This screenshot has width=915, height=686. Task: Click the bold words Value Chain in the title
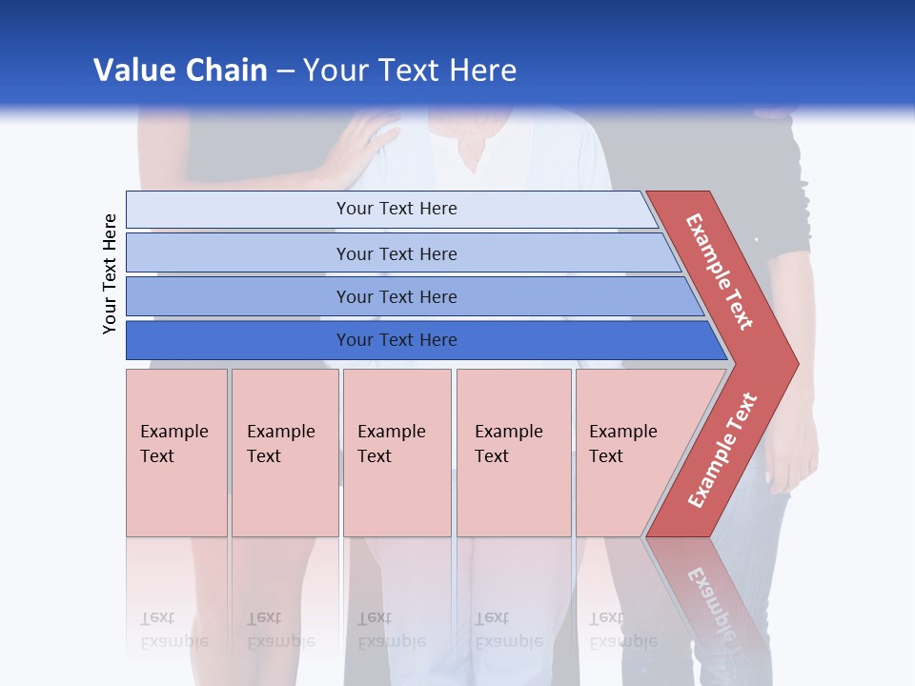(180, 71)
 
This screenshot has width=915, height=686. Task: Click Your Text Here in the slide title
(410, 71)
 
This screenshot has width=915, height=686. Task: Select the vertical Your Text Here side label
(110, 273)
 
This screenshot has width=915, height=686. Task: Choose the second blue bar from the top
(396, 253)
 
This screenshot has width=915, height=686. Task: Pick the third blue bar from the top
(396, 296)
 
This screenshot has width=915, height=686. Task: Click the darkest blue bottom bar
(396, 340)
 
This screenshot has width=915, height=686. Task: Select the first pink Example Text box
(176, 453)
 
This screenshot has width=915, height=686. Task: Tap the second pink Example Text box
(284, 453)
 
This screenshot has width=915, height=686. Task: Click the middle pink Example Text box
(396, 453)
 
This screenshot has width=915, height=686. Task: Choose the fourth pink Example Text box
(513, 453)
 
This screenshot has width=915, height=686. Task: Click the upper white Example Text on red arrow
(720, 272)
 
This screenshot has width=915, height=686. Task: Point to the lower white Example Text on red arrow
(722, 450)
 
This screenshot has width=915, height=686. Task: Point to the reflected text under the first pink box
(173, 630)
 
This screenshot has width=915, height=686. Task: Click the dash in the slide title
(285, 71)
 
